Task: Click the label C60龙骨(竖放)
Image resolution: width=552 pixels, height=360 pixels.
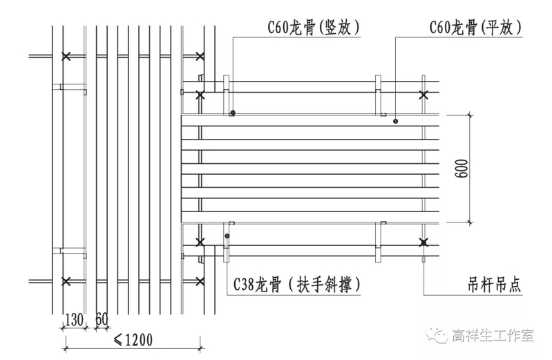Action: [x=315, y=28]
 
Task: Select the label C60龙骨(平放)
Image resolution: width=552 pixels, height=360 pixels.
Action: [x=475, y=28]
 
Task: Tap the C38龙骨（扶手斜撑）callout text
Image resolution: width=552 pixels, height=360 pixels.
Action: [x=298, y=284]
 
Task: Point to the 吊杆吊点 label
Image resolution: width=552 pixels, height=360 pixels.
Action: [x=493, y=283]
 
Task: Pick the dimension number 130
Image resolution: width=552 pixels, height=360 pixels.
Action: [x=74, y=319]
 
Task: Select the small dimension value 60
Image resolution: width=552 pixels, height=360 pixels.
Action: [x=102, y=319]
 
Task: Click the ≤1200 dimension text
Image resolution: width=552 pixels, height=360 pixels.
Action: [x=133, y=339]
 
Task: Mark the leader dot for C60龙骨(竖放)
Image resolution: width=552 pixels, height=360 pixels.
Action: [x=234, y=112]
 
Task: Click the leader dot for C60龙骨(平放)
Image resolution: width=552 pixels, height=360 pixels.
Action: [x=396, y=122]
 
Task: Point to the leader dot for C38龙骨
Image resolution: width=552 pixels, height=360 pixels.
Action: [x=227, y=236]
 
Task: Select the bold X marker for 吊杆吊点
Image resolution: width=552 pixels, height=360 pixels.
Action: [x=423, y=242]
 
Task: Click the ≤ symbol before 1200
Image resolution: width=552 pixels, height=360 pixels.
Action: [x=117, y=339]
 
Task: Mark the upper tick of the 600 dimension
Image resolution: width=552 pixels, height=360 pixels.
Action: [x=470, y=114]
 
